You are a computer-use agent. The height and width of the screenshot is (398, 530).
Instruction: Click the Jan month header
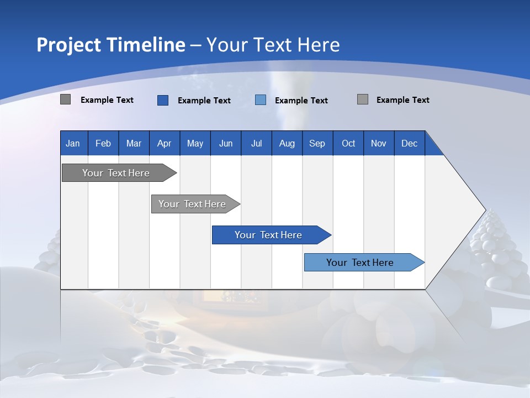73,144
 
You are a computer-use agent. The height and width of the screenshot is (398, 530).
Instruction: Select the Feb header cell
103,143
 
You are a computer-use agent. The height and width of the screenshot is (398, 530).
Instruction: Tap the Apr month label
165,144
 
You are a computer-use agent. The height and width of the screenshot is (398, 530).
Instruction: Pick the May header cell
195,143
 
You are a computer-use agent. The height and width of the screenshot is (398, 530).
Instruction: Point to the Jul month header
257,144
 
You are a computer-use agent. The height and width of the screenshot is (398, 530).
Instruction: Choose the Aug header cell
287,143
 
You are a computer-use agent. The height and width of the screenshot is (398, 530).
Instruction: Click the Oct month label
348,144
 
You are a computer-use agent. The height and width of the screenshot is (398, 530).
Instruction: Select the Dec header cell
410,143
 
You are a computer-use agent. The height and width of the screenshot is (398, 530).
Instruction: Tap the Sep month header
317,144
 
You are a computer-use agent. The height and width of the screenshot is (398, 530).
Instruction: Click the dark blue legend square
163,100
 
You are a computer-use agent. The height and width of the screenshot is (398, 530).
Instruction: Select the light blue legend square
260,100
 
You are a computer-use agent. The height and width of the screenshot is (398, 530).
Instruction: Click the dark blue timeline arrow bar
272,235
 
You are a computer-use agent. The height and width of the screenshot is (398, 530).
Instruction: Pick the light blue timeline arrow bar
364,262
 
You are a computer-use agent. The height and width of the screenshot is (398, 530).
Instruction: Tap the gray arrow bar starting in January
119,172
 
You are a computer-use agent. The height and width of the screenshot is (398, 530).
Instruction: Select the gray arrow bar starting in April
195,204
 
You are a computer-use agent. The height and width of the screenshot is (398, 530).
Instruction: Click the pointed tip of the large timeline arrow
486,210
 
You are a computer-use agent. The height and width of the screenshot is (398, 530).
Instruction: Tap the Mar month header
134,144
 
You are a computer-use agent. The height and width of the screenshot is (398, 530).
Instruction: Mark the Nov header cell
379,143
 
